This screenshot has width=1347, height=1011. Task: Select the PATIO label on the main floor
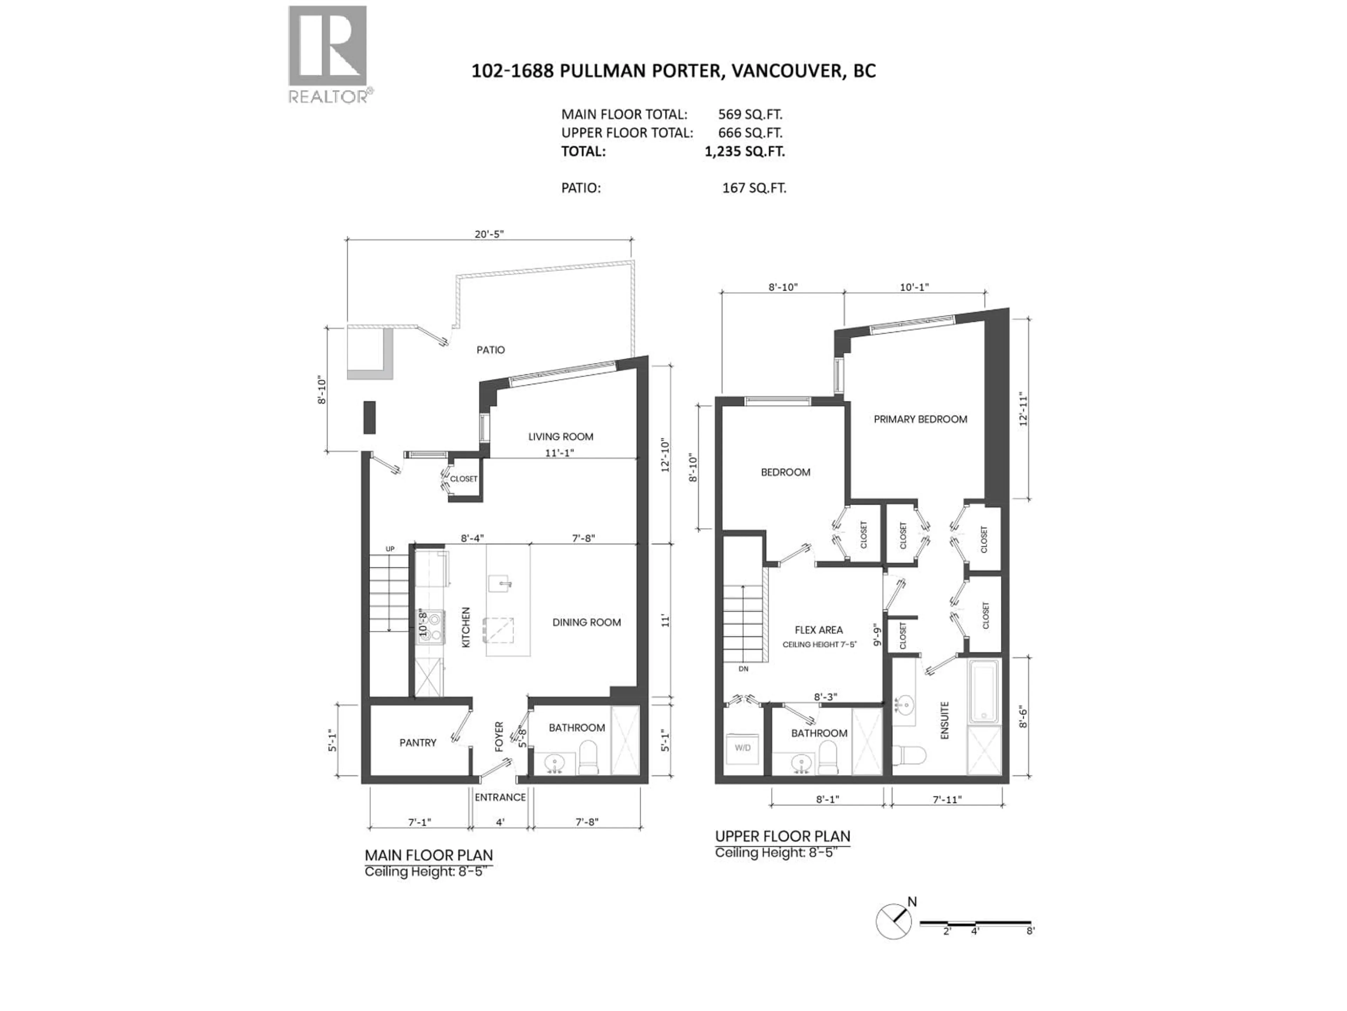[x=490, y=350]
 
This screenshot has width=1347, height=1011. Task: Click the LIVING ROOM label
[x=560, y=436]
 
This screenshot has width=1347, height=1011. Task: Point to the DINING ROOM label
[x=587, y=622]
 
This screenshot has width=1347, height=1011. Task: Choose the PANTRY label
[x=418, y=742]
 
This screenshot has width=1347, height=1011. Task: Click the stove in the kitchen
[x=430, y=627]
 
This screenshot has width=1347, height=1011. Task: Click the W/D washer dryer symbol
[x=742, y=748]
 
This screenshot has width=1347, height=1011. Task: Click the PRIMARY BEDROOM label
[x=920, y=419]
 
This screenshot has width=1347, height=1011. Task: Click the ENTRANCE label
[x=500, y=797]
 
